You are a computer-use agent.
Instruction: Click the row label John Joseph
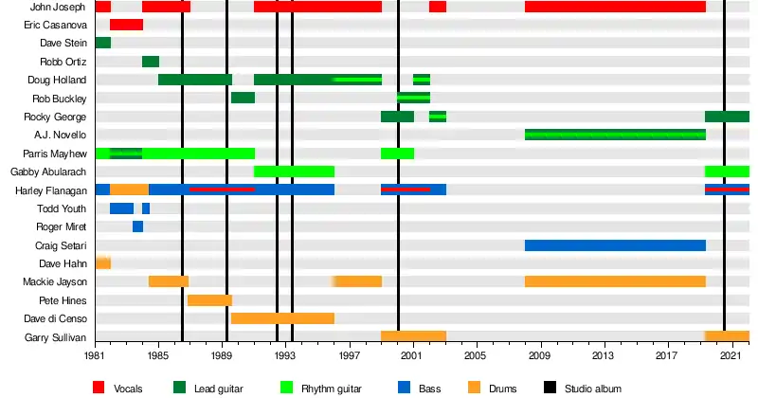pyautogui.click(x=58, y=7)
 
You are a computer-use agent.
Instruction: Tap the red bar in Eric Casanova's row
pyautogui.click(x=126, y=25)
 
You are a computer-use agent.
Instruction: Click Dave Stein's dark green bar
pyautogui.click(x=102, y=43)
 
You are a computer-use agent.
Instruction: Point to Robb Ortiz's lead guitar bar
pyautogui.click(x=150, y=62)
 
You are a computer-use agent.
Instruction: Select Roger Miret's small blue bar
pyautogui.click(x=137, y=226)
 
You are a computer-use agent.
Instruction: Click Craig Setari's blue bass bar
pyautogui.click(x=615, y=245)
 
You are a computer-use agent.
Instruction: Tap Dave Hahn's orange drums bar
pyautogui.click(x=102, y=262)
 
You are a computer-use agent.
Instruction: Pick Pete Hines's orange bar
pyautogui.click(x=209, y=300)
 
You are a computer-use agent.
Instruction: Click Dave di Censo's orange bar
pyautogui.click(x=282, y=318)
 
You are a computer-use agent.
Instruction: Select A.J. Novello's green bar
pyautogui.click(x=615, y=135)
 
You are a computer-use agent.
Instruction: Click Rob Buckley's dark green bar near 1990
pyautogui.click(x=243, y=98)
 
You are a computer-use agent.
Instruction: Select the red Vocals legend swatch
pyautogui.click(x=99, y=387)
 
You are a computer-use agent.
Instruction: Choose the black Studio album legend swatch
pyautogui.click(x=550, y=387)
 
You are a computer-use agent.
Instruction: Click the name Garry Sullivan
pyautogui.click(x=55, y=337)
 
